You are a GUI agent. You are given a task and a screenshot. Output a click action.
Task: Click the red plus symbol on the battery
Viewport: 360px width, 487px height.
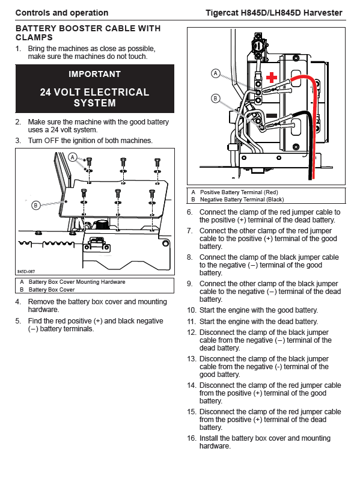(x=272, y=78)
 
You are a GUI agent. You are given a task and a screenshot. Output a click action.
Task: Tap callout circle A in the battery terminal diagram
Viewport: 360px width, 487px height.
(x=216, y=73)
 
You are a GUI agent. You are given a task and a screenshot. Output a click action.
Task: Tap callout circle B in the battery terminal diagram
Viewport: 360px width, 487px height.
(x=215, y=99)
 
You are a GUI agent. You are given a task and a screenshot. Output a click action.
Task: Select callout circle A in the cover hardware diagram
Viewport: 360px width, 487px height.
(x=73, y=157)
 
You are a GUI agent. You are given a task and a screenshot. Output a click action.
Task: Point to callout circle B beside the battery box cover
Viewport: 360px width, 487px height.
(x=36, y=205)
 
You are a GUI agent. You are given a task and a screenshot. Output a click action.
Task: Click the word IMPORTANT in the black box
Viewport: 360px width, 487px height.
(x=94, y=74)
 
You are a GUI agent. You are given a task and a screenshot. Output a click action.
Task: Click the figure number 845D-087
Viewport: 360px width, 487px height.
(x=26, y=271)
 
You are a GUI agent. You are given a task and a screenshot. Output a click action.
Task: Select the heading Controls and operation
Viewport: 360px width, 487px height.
(x=62, y=13)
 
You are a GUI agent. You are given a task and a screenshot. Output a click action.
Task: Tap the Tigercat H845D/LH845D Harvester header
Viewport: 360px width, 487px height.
(x=274, y=13)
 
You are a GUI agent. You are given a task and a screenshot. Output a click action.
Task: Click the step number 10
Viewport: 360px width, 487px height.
(x=192, y=310)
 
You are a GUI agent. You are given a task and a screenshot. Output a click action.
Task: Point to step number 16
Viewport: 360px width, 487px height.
(x=192, y=438)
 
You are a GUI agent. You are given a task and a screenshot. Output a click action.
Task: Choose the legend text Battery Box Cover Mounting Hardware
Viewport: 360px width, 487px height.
(x=77, y=282)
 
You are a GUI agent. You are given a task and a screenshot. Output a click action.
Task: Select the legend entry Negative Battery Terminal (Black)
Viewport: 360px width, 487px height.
(x=242, y=200)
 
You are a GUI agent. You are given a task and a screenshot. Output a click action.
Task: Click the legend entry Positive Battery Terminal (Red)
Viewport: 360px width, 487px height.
(x=239, y=192)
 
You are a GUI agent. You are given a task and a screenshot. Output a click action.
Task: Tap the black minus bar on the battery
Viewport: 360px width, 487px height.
(x=272, y=116)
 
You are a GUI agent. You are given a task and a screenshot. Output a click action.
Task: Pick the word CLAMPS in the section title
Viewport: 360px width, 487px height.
(x=34, y=38)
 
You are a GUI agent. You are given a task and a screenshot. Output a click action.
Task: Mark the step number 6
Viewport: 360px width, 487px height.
(x=190, y=212)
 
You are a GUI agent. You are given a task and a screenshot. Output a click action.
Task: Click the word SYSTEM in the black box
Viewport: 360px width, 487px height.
(x=94, y=103)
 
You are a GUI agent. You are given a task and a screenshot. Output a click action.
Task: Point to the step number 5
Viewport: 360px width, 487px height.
(x=18, y=321)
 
